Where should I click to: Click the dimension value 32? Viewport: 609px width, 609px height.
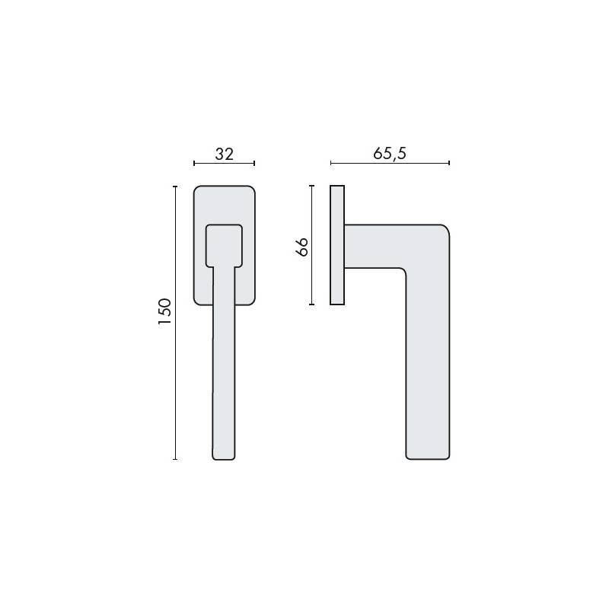(224, 153)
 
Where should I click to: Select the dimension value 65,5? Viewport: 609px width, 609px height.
(390, 153)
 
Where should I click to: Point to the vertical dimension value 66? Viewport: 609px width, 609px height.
(301, 247)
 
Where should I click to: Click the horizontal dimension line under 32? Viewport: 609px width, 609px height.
(224, 163)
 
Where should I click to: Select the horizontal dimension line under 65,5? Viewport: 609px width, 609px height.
(390, 163)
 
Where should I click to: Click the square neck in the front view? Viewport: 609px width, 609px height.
(225, 245)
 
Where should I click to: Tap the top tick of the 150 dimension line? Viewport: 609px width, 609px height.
(175, 186)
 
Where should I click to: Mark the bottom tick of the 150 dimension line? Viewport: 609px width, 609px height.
(175, 459)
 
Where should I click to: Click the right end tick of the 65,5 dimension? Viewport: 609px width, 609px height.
(449, 163)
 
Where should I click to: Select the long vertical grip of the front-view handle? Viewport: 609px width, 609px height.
(224, 365)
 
